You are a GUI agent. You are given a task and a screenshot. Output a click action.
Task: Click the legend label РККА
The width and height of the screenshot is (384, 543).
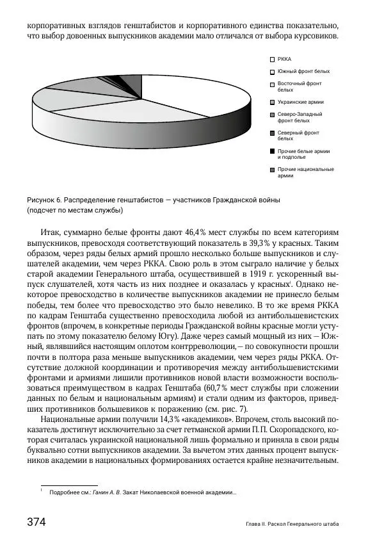point(284,59)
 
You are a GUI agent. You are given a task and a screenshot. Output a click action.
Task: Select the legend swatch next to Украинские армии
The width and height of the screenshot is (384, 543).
point(272,102)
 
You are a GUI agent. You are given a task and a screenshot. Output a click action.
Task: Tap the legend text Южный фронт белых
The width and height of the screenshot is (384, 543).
point(304,71)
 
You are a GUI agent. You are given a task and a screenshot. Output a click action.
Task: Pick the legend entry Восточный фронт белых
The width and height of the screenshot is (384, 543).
point(300,86)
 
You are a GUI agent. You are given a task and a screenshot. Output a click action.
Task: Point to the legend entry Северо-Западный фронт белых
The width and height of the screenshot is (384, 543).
point(300,117)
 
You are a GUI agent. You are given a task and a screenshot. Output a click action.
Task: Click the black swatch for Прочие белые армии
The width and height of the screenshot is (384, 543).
point(272,152)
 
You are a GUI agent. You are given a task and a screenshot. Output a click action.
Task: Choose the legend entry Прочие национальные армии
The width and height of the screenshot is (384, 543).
point(305,172)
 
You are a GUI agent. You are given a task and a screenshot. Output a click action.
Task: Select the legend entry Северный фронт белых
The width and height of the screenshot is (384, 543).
point(298,135)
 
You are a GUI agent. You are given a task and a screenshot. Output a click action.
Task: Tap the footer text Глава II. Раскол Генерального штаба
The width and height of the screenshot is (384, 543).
point(292,524)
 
